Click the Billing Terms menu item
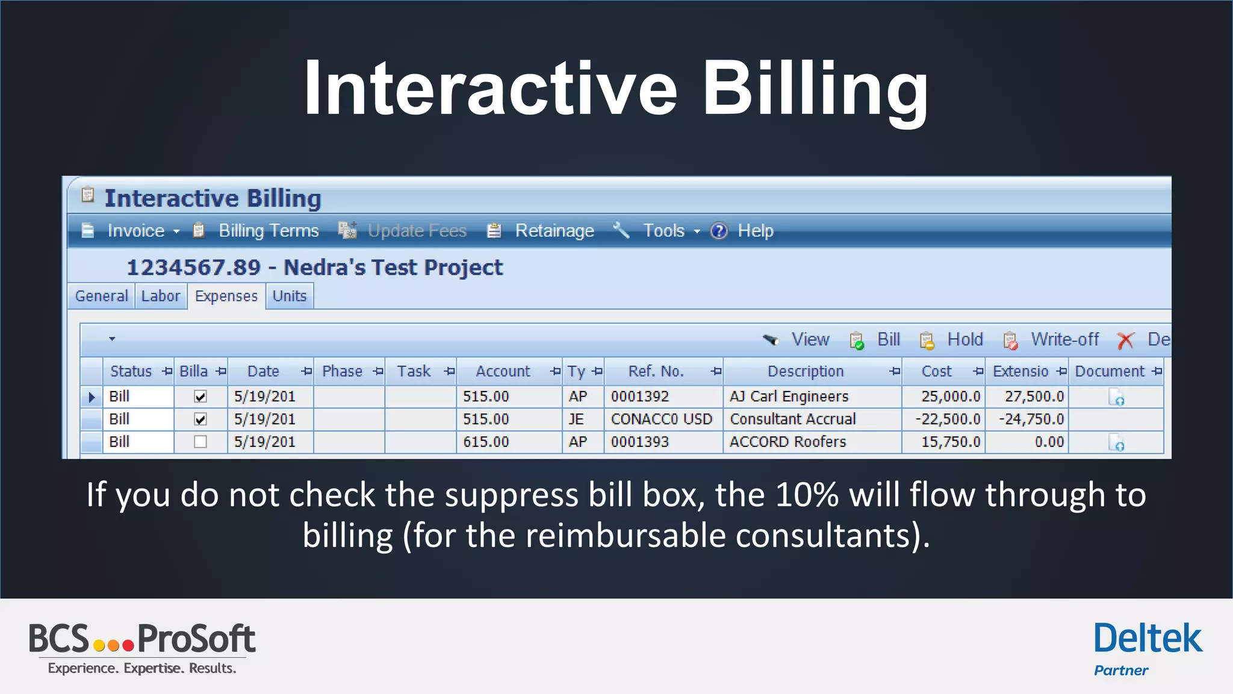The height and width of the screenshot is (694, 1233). click(269, 231)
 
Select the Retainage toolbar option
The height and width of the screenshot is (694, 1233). click(554, 231)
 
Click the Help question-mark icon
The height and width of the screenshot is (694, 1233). click(719, 231)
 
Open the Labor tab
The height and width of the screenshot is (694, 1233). click(161, 296)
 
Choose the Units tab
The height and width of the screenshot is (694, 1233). click(290, 296)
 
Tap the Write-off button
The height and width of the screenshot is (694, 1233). click(1064, 340)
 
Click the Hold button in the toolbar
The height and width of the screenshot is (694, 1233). click(964, 340)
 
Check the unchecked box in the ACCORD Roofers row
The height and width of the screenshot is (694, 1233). click(200, 442)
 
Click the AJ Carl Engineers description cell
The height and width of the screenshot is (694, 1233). click(789, 396)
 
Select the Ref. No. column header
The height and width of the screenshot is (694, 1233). click(656, 372)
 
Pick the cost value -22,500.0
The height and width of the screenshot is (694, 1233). click(948, 419)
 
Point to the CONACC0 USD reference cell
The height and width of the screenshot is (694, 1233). click(661, 419)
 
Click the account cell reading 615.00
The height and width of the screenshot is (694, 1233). click(486, 442)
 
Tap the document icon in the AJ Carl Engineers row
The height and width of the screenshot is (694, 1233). click(1116, 398)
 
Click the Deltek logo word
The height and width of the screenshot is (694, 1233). click(1148, 639)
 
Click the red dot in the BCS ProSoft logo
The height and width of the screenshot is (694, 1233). click(128, 646)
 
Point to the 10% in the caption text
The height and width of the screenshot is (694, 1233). click(807, 495)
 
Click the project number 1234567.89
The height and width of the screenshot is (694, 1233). click(193, 267)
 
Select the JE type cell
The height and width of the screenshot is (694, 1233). click(576, 419)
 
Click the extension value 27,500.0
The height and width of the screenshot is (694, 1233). click(1034, 396)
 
